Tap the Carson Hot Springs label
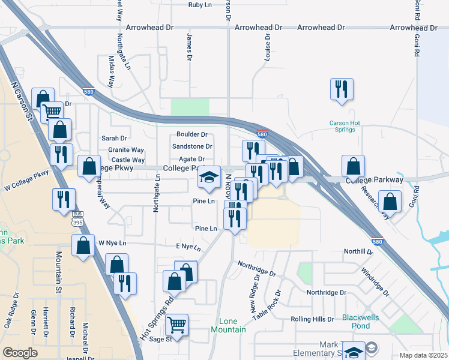[345, 127]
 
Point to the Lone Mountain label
[228, 326]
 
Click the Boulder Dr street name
[191, 135]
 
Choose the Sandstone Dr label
[192, 146]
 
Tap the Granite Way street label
[126, 150]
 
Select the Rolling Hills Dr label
[312, 319]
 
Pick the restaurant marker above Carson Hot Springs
[342, 89]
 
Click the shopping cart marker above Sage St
[176, 325]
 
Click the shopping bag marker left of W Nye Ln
[83, 245]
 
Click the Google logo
[20, 353]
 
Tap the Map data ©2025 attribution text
[423, 355]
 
